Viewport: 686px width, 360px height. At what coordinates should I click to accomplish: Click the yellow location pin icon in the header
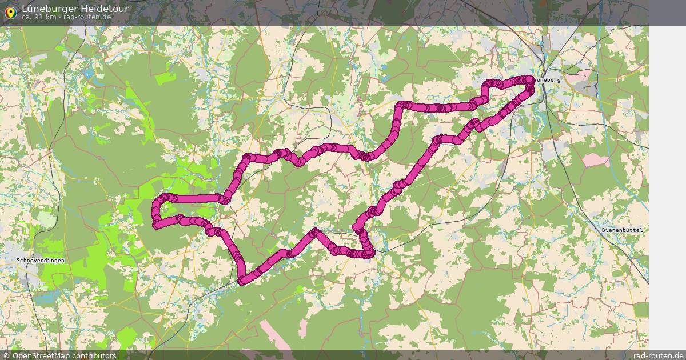pos(10,13)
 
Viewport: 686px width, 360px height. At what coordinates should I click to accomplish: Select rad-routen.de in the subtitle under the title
pos(87,17)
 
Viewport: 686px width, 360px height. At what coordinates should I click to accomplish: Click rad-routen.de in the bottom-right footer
pos(658,355)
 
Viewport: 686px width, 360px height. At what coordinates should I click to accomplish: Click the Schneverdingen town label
pos(41,261)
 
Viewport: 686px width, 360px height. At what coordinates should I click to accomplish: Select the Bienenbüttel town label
pos(623,230)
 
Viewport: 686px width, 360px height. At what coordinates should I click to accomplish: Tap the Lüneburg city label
pos(549,80)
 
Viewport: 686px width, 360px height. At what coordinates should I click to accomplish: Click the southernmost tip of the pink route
pos(242,281)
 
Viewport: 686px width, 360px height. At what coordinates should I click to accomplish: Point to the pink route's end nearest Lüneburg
pos(529,80)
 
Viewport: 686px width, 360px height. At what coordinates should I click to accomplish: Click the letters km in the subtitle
pos(51,17)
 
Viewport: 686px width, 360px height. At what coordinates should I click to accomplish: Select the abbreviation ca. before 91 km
pos(27,17)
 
